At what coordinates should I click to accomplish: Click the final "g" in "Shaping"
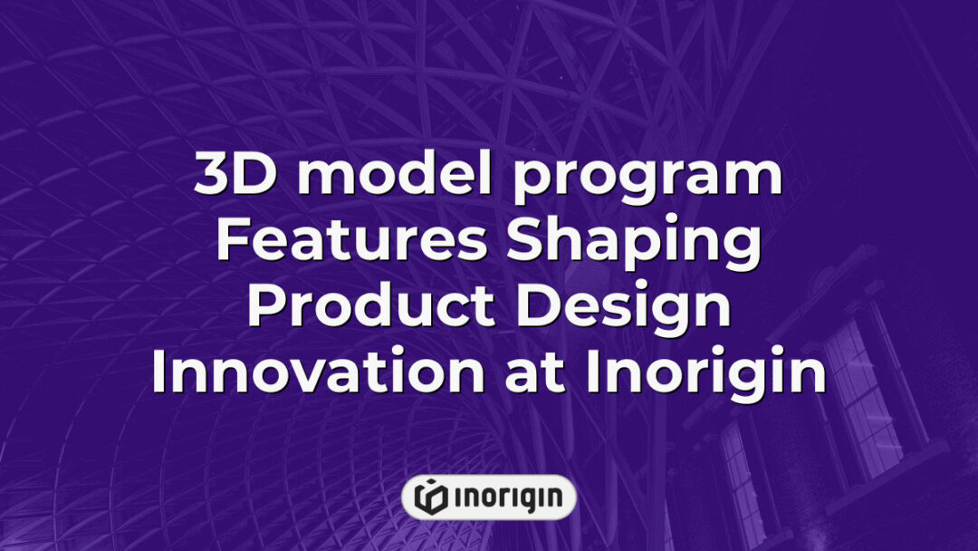pyautogui.click(x=740, y=250)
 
